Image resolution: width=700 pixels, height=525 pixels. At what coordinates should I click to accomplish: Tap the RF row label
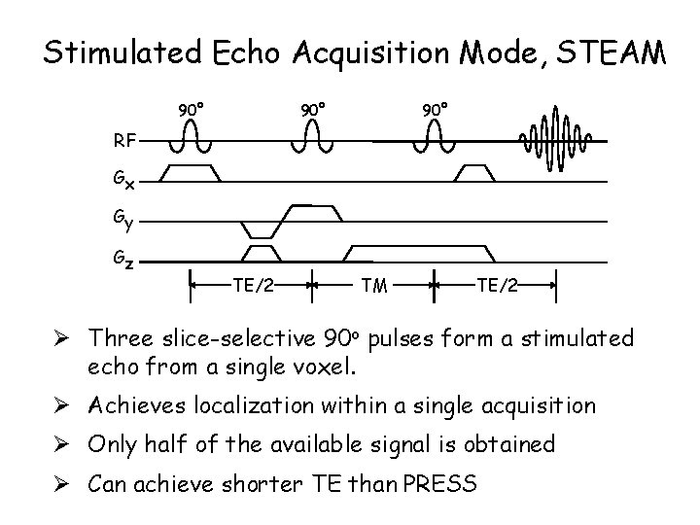tap(123, 141)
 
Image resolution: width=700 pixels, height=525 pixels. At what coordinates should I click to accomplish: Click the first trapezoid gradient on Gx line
tap(191, 172)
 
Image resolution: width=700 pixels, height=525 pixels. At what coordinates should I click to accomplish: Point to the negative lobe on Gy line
tap(260, 229)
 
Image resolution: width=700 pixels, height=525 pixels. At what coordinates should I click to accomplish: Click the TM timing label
tap(372, 286)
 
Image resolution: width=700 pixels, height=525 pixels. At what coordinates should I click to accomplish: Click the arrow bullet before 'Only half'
tap(72, 444)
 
